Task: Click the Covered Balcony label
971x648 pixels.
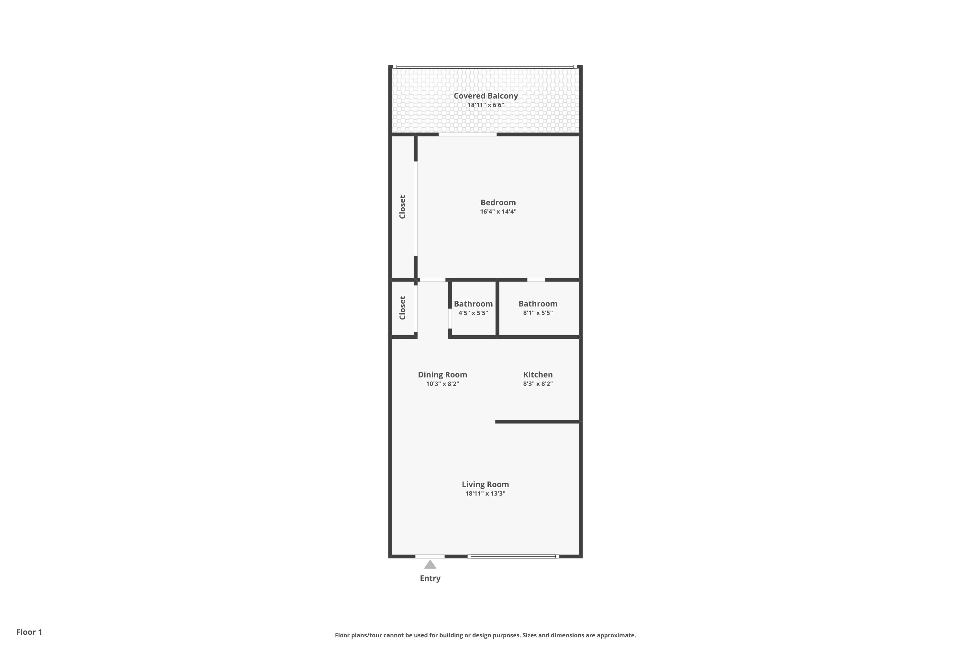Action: click(x=485, y=96)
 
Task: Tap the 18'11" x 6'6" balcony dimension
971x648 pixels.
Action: click(x=485, y=105)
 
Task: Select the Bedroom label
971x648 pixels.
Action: click(x=498, y=202)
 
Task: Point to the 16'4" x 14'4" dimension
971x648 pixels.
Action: click(x=498, y=212)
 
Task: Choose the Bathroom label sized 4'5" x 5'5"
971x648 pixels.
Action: click(x=473, y=304)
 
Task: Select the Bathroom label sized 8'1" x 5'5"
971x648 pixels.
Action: click(x=538, y=304)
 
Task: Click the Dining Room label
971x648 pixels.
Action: click(x=442, y=375)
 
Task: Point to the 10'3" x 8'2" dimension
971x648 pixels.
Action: click(x=442, y=384)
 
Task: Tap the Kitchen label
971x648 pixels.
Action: click(x=538, y=375)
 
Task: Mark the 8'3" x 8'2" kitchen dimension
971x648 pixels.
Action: click(x=538, y=384)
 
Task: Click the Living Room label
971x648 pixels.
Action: click(x=485, y=484)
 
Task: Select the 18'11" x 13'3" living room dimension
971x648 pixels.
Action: click(x=485, y=493)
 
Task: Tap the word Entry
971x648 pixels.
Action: click(x=430, y=578)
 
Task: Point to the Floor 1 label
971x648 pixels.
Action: click(x=29, y=632)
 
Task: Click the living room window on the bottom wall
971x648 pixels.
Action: click(x=513, y=556)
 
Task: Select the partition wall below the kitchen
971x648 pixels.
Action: click(x=538, y=422)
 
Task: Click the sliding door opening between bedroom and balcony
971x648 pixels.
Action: click(x=467, y=134)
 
